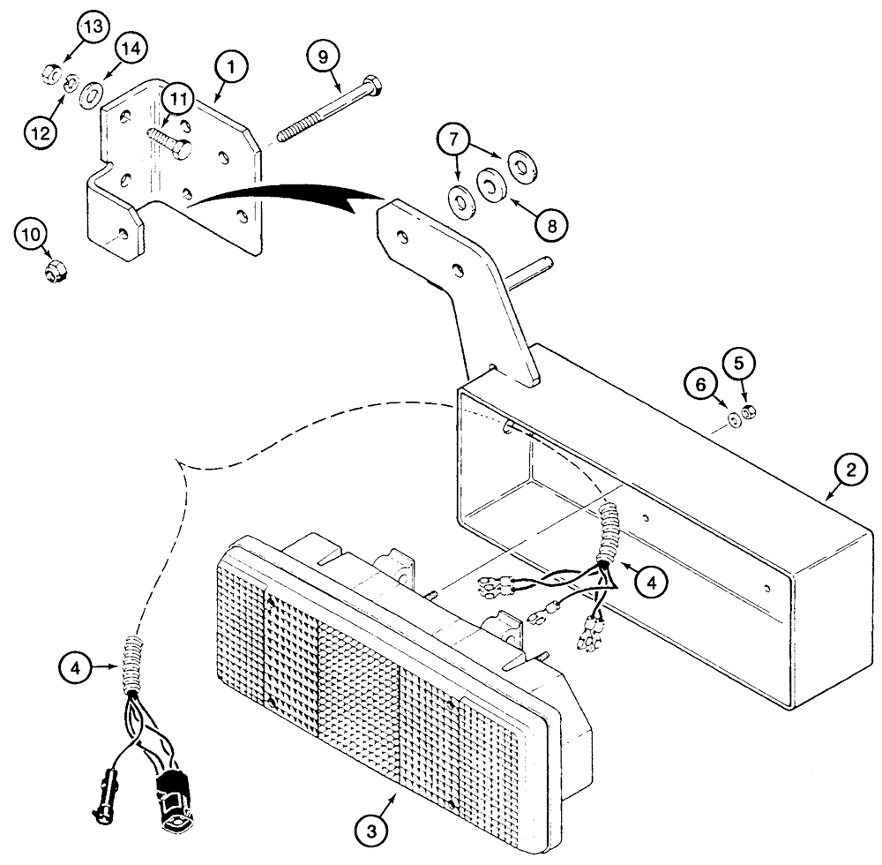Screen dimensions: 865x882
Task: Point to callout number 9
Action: tap(323, 56)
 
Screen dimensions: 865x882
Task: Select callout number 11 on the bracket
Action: tap(180, 101)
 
